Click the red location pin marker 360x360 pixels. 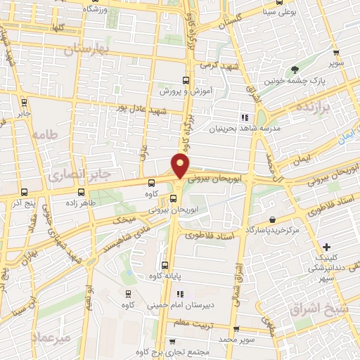pyautogui.click(x=181, y=166)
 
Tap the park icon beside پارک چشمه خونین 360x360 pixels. pyautogui.click(x=295, y=70)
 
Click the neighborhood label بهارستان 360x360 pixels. pyautogui.click(x=88, y=49)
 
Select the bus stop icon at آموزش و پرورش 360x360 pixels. pyautogui.click(x=186, y=80)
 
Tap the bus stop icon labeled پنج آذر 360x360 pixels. pyautogui.click(x=25, y=191)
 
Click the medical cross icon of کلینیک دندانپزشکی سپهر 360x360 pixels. pyautogui.click(x=326, y=247)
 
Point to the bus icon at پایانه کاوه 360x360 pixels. pyautogui.click(x=165, y=266)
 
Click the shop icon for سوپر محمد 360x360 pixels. pyautogui.click(x=236, y=329)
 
